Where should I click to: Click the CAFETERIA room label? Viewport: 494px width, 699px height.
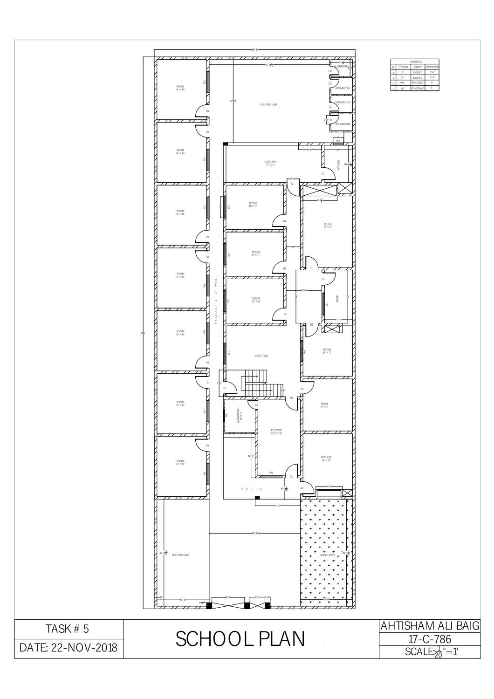pyautogui.click(x=270, y=163)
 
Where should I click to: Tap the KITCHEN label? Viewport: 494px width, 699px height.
pyautogui.click(x=339, y=164)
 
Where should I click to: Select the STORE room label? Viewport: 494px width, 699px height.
pyautogui.click(x=338, y=298)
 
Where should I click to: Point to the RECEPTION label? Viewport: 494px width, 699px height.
pyautogui.click(x=261, y=356)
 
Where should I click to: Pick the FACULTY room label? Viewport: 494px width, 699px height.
pyautogui.click(x=326, y=459)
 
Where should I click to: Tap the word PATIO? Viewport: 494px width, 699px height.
pyautogui.click(x=252, y=489)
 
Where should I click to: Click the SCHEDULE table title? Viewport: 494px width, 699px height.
pyautogui.click(x=416, y=62)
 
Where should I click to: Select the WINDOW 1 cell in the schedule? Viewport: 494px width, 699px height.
pyautogui.click(x=418, y=82)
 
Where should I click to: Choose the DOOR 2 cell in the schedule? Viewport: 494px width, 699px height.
pyautogui.click(x=418, y=77)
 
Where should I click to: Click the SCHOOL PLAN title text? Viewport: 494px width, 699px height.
pyautogui.click(x=240, y=639)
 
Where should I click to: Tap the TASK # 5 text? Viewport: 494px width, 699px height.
pyautogui.click(x=68, y=629)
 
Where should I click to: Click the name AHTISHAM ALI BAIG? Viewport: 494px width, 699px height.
pyautogui.click(x=430, y=626)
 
